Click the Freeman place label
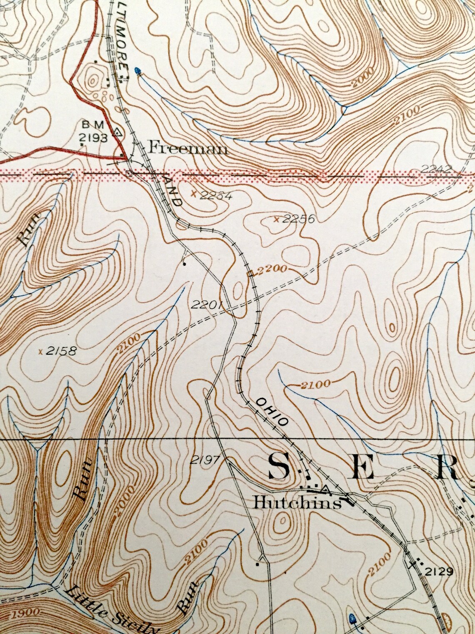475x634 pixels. point(188,147)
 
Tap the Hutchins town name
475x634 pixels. point(297,503)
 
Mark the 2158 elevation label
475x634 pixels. point(61,351)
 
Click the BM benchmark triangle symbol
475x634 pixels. point(118,133)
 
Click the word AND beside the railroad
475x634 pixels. point(174,191)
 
